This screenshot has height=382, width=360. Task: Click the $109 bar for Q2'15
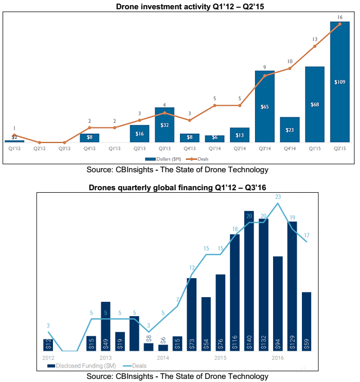point(340,82)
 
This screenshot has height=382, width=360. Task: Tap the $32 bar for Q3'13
point(165,125)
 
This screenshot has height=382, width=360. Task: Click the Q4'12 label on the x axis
point(89,148)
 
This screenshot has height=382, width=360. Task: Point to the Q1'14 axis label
point(214,148)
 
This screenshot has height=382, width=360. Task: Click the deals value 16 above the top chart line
point(340,17)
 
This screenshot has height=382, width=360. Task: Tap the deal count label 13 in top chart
point(315,39)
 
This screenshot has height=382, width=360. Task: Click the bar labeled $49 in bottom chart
point(105,326)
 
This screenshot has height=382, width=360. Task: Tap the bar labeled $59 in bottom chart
point(307,322)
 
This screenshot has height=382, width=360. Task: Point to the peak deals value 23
point(278,196)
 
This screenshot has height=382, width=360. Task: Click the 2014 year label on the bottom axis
point(163,357)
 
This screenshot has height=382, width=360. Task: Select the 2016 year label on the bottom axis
point(278,357)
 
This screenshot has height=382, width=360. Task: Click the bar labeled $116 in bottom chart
point(235,293)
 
